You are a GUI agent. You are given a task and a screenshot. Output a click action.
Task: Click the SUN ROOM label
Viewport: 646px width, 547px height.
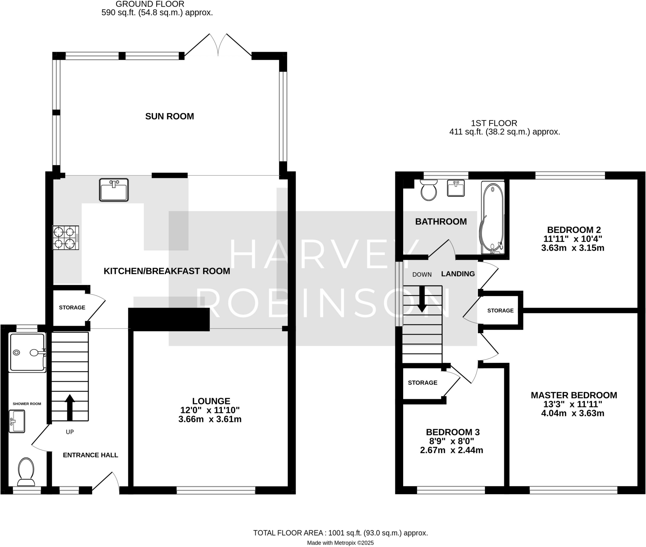(x=169, y=116)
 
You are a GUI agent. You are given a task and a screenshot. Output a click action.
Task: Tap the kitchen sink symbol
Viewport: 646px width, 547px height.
(x=114, y=189)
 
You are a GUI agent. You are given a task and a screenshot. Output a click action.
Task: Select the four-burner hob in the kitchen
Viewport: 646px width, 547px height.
(x=66, y=238)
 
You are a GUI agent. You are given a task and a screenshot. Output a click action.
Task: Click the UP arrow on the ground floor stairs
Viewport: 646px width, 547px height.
(x=70, y=407)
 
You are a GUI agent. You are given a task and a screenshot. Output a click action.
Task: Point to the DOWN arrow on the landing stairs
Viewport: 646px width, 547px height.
(x=422, y=299)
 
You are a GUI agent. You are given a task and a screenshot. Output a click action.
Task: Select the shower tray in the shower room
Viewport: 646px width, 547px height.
(x=27, y=352)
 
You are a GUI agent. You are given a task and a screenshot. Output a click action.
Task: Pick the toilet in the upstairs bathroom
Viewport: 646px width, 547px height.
(x=429, y=190)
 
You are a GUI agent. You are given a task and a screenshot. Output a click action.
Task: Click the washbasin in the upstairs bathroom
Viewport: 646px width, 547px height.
(x=456, y=188)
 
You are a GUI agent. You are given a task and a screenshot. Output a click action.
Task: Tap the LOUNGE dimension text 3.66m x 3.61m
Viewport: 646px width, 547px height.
(x=210, y=419)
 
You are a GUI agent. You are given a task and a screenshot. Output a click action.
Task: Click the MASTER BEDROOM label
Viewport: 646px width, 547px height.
(x=573, y=395)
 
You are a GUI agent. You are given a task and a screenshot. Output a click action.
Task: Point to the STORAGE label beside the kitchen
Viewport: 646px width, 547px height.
(x=72, y=307)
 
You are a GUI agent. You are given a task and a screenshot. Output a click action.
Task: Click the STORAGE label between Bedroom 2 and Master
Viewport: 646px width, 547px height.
(x=500, y=310)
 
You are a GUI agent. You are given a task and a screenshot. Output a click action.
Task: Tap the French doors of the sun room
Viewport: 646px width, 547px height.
(x=218, y=46)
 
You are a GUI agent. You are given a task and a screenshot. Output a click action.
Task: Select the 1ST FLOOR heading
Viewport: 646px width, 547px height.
(x=494, y=123)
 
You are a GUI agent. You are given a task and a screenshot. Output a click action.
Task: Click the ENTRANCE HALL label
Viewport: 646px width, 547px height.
(x=90, y=455)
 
